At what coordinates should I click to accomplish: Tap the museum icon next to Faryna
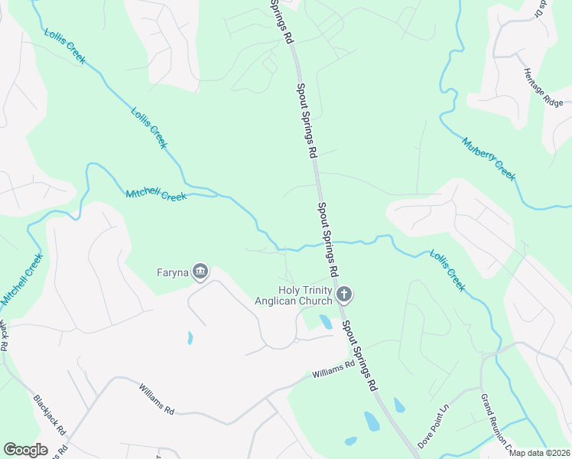point(200,271)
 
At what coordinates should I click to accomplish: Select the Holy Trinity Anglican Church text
point(295,295)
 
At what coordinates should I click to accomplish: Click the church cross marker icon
point(344,294)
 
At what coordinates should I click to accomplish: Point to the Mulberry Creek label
point(489,158)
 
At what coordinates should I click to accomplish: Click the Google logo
point(25,450)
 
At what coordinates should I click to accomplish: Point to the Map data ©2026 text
point(539,453)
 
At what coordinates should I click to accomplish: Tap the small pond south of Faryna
point(189,337)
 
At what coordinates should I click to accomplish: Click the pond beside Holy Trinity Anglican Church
point(325,321)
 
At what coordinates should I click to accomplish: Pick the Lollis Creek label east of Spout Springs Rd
point(447,270)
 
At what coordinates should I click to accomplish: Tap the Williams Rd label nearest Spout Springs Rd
point(334,369)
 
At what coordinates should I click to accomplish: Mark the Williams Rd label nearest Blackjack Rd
point(157,399)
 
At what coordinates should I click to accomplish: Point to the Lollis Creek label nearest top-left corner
point(64,46)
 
